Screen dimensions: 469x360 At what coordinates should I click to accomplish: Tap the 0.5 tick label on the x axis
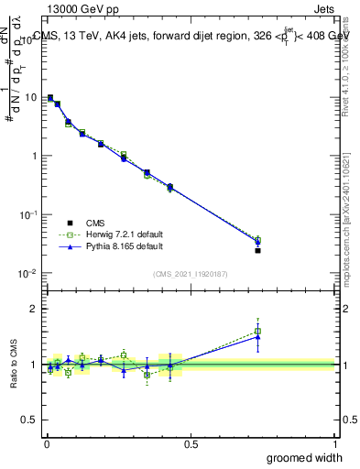tap(191, 443)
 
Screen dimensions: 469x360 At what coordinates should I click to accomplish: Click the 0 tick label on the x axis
tap(46, 443)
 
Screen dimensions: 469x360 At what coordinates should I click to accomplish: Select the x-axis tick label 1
tap(334, 443)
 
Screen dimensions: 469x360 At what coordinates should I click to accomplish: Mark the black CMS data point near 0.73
tap(257, 250)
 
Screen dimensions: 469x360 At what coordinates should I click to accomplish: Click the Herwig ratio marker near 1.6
tap(257, 331)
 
